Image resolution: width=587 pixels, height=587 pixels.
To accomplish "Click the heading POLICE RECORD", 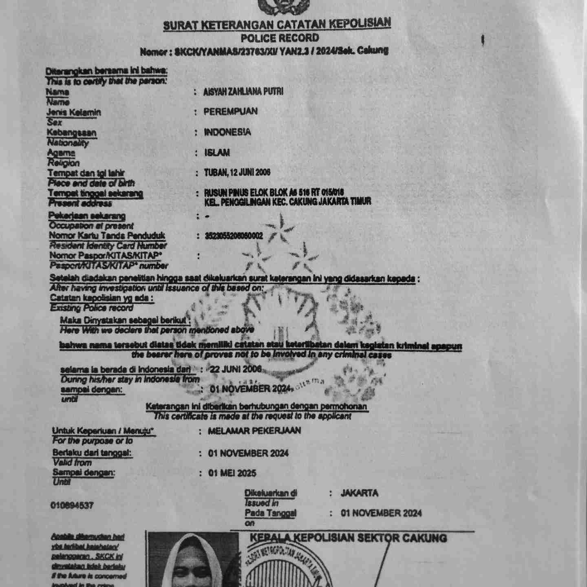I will [x=279, y=38].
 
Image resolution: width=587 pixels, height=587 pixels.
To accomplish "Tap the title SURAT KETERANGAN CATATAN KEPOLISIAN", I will [x=277, y=24].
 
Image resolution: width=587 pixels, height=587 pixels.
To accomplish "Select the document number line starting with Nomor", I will [x=264, y=51].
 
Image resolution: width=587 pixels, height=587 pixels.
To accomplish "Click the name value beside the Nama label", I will [x=243, y=92].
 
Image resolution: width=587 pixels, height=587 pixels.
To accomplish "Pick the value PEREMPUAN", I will [x=231, y=111].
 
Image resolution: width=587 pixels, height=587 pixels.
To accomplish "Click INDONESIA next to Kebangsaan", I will [x=227, y=132].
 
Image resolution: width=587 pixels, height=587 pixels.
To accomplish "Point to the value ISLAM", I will [x=217, y=153].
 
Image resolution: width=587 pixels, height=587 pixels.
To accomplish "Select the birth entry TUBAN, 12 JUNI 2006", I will [x=237, y=173].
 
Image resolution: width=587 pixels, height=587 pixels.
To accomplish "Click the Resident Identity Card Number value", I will [x=234, y=236].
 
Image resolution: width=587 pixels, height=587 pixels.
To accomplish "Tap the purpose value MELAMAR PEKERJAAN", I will [x=254, y=431].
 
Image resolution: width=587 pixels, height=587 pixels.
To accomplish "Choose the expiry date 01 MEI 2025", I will [x=232, y=473].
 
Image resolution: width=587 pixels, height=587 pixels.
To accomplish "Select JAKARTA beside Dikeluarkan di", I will [x=360, y=493].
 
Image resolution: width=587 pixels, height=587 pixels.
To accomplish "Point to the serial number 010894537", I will [x=72, y=505].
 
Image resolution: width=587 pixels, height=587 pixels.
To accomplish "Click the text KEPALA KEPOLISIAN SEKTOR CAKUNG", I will [x=348, y=538].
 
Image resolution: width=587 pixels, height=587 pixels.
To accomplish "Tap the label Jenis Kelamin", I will [x=74, y=112].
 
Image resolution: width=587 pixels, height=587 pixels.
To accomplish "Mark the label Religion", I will [x=63, y=163].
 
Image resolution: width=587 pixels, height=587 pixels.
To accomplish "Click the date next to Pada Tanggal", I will [x=381, y=513].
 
